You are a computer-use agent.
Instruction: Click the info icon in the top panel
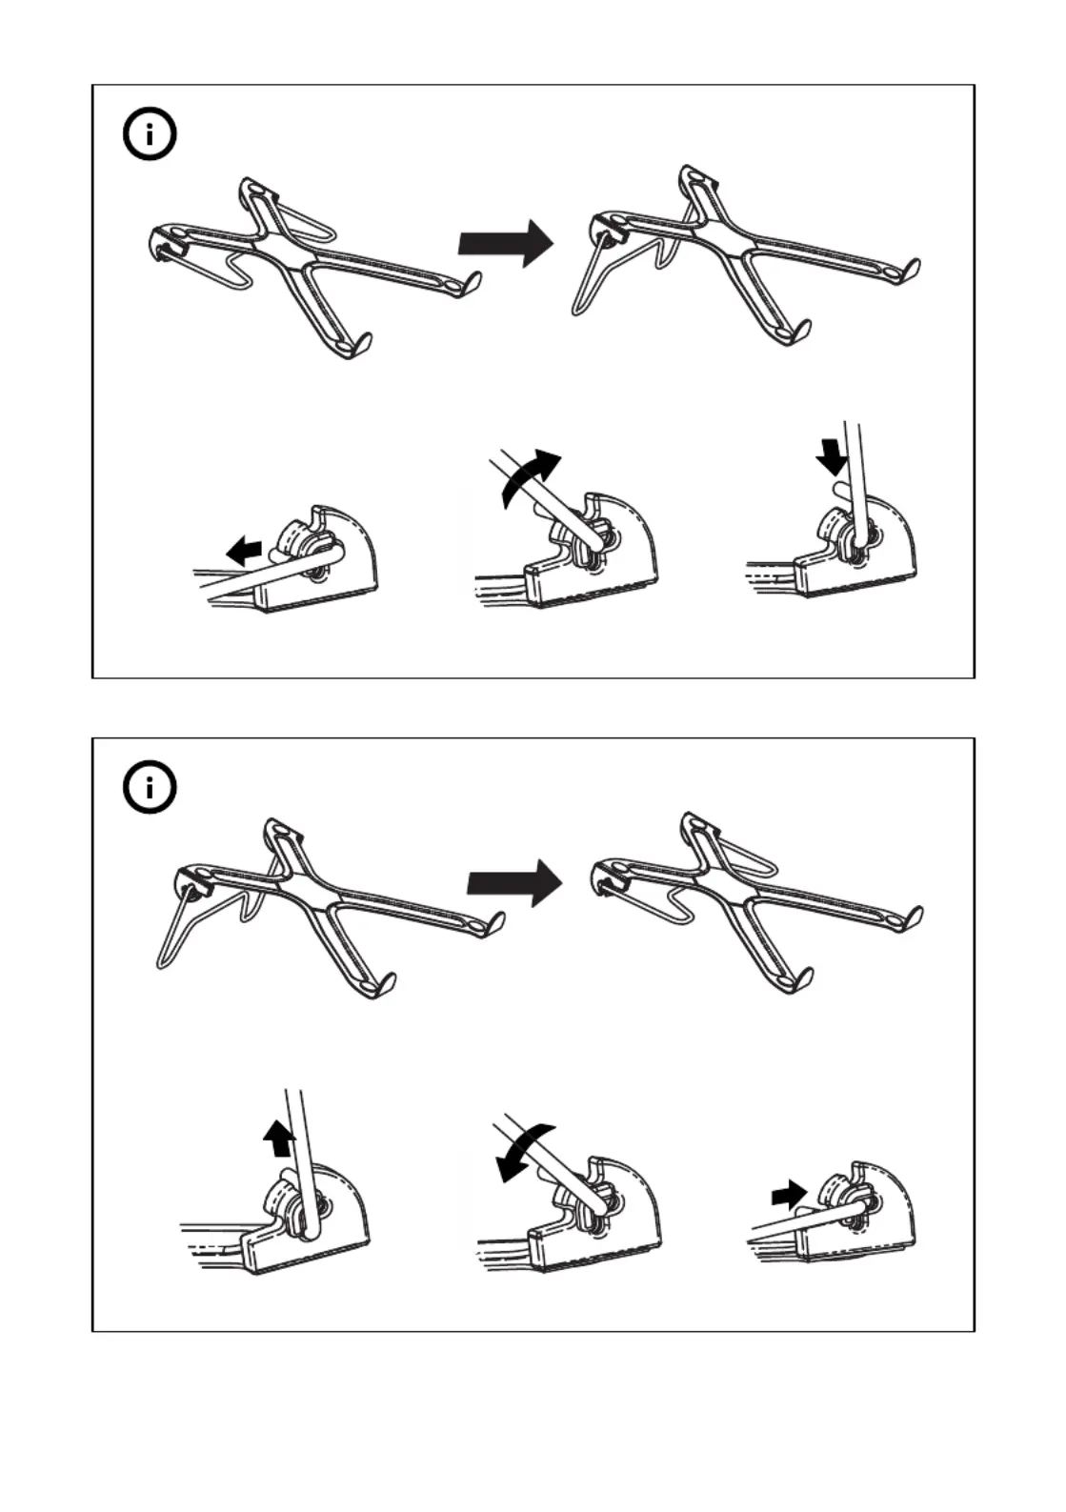point(150,135)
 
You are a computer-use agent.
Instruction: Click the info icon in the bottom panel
point(150,788)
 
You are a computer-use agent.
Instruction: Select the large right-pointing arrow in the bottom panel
point(513,883)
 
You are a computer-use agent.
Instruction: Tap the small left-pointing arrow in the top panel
point(244,550)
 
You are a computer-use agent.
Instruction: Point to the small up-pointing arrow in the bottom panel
point(279,1138)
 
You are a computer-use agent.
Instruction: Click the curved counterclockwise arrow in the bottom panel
point(523,1149)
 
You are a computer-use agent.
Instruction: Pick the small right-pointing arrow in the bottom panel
point(789,1191)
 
